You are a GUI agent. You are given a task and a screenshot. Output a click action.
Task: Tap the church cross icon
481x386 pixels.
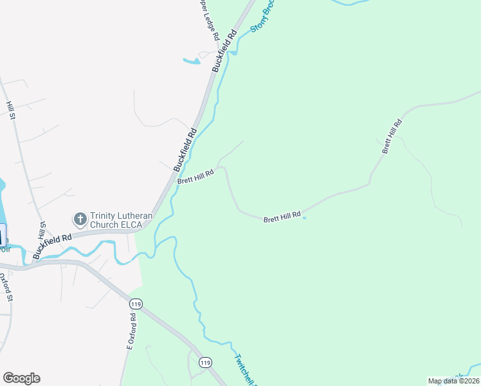[x=80, y=220]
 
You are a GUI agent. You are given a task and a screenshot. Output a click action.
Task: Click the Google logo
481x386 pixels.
[x=21, y=378]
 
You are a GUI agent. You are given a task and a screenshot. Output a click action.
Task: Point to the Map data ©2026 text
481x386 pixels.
[x=453, y=381]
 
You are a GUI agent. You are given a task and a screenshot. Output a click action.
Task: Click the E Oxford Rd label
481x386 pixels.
[x=131, y=331]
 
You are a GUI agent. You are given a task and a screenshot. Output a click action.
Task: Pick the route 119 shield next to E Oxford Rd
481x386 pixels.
[x=135, y=303]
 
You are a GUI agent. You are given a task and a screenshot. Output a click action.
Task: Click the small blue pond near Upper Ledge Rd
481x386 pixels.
[x=192, y=62]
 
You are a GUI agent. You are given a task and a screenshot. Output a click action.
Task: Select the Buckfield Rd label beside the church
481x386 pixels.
[x=53, y=246]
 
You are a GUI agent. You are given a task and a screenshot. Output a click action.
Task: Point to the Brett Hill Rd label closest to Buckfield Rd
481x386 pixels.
[x=195, y=176]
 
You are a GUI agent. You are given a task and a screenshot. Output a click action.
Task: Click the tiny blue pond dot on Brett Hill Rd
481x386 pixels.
[x=304, y=217]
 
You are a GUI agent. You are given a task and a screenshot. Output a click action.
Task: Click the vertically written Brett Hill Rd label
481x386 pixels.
[x=392, y=136]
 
